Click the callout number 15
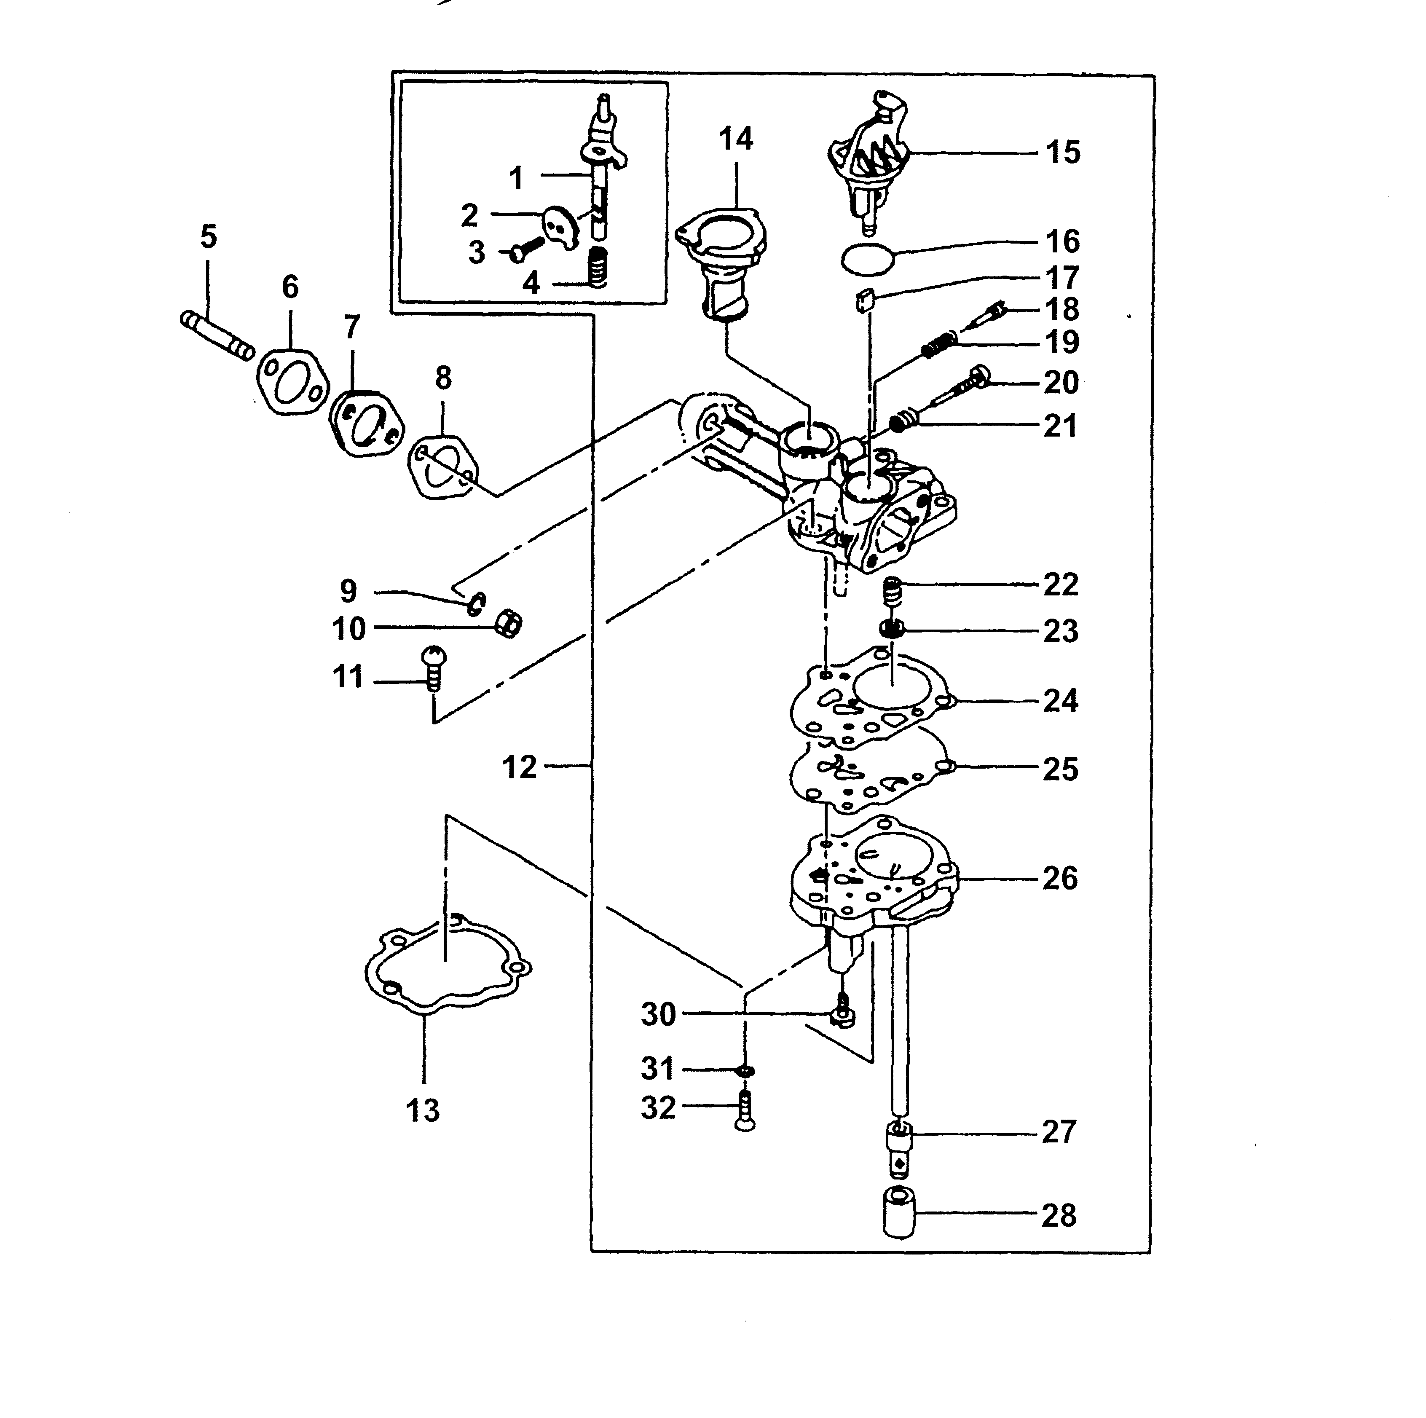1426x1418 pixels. click(x=1063, y=153)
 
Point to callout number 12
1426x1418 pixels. click(x=519, y=768)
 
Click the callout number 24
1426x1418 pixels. click(x=1061, y=700)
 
